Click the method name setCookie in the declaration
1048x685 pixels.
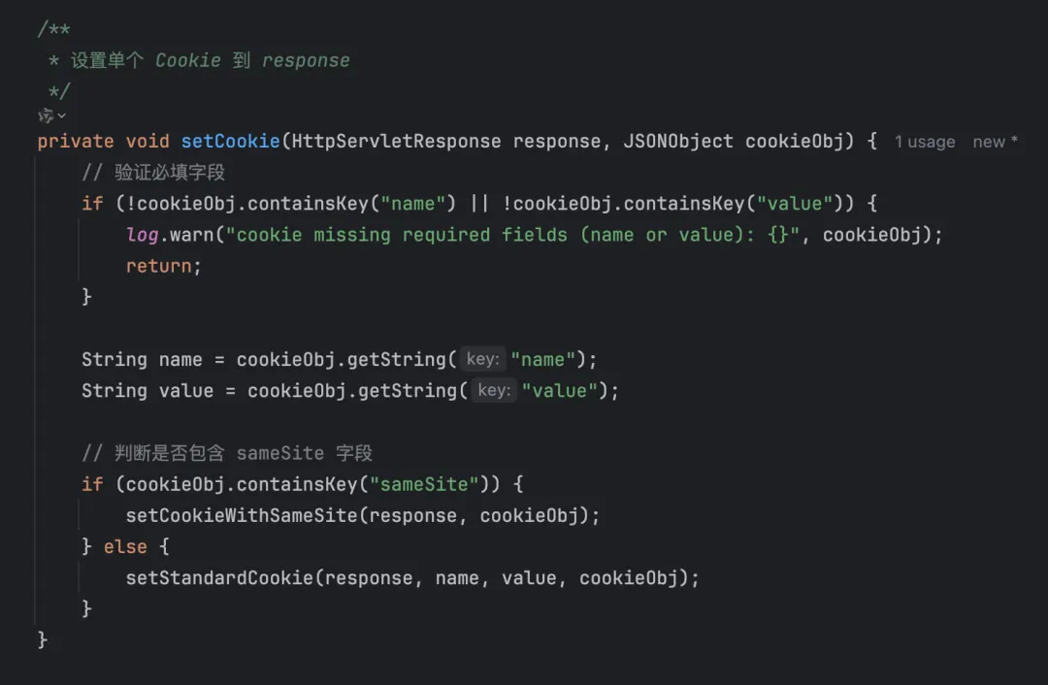click(230, 142)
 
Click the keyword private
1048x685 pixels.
click(76, 142)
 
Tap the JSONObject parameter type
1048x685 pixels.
click(677, 142)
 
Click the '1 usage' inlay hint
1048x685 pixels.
click(925, 142)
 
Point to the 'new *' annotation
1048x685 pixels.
click(995, 142)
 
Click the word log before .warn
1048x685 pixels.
click(142, 235)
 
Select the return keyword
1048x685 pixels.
click(158, 266)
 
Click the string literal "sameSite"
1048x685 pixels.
click(424, 484)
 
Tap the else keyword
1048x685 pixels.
click(125, 546)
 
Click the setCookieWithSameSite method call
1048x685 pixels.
click(242, 515)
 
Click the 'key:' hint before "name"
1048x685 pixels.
click(483, 360)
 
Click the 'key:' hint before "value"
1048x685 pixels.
click(494, 391)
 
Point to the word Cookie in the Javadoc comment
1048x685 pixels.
click(188, 60)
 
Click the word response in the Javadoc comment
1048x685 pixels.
click(306, 60)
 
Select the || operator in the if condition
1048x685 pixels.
click(479, 204)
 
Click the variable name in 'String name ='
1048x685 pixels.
click(180, 360)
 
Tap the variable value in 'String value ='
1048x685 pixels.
click(185, 391)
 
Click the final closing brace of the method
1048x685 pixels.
click(43, 639)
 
